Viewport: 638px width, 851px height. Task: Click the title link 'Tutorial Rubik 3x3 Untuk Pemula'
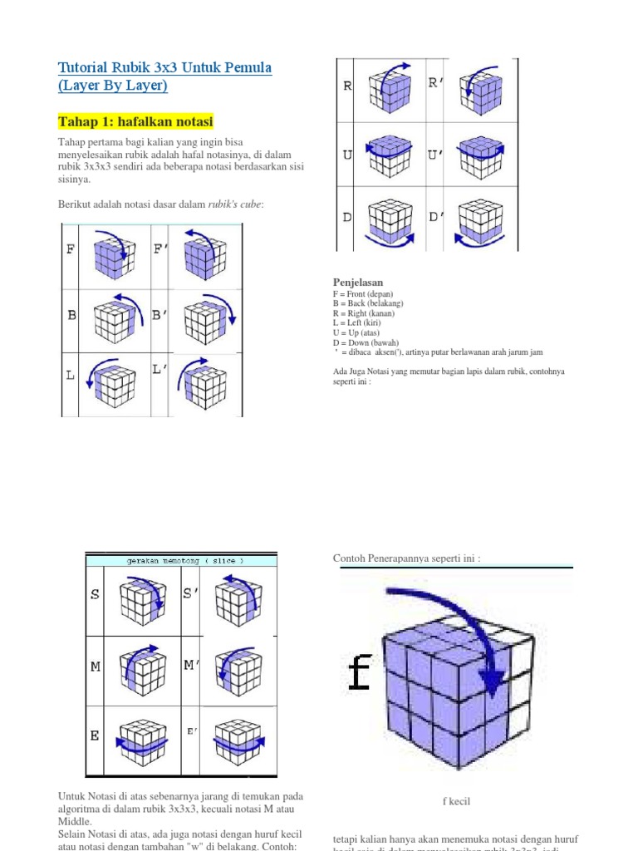tap(164, 67)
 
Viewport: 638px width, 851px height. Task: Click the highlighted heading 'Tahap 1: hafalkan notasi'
tap(135, 122)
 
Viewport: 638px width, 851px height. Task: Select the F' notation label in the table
tap(161, 248)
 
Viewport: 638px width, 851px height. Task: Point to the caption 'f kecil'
tap(456, 801)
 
